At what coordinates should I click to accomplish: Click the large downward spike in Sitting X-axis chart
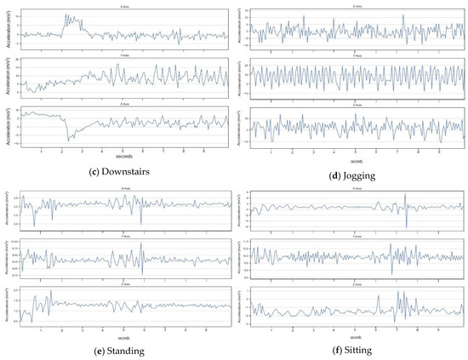coord(407,226)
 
